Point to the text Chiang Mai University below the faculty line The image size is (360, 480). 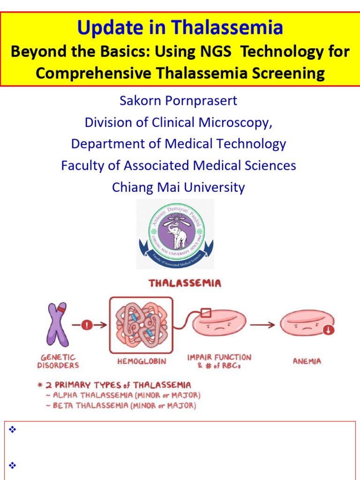tap(178, 187)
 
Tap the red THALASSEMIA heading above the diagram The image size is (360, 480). tap(185, 283)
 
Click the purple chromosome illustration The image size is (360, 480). tap(57, 324)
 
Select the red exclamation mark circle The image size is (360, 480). tap(87, 324)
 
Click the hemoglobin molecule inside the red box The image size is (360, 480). tap(141, 325)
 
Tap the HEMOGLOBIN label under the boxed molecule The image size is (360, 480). tap(142, 361)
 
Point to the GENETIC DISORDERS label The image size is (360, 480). tap(58, 361)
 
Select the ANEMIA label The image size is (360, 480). tap(307, 361)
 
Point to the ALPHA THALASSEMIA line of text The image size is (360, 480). tap(127, 395)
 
